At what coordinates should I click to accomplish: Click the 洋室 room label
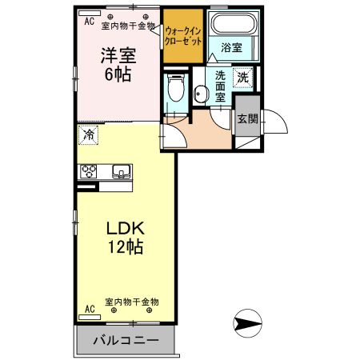pyautogui.click(x=116, y=56)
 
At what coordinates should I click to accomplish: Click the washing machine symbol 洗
pyautogui.click(x=242, y=78)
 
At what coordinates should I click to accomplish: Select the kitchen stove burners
pyautogui.click(x=88, y=172)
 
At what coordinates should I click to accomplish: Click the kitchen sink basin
pyautogui.click(x=122, y=171)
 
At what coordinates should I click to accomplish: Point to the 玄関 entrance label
pyautogui.click(x=247, y=120)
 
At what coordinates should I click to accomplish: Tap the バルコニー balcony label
pyautogui.click(x=126, y=340)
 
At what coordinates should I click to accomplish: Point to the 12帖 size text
pyautogui.click(x=126, y=248)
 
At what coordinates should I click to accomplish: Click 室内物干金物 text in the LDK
pyautogui.click(x=133, y=302)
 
